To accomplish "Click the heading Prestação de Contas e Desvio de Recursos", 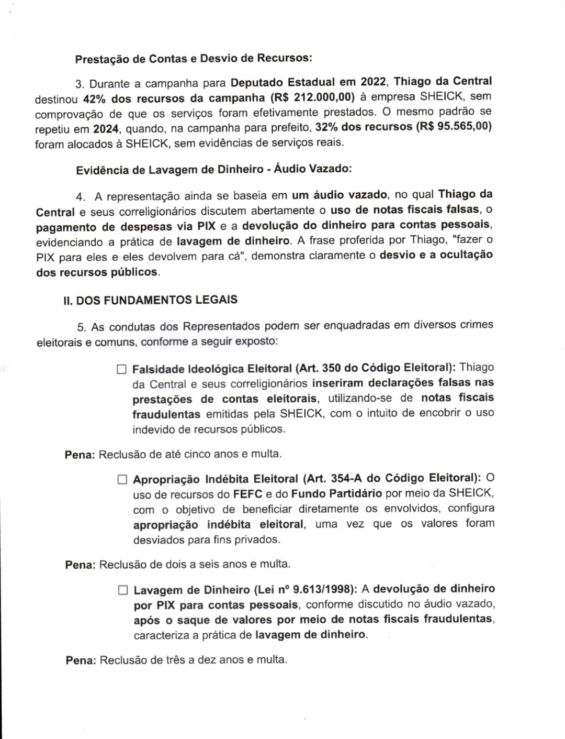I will point(194,58).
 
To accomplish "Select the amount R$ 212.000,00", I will point(316,97).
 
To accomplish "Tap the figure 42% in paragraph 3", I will point(95,98).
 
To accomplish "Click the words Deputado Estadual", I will point(282,82).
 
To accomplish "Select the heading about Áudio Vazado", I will point(214,170).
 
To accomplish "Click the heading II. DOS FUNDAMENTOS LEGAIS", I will point(150,300).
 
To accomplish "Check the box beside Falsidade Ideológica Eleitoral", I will point(122,369).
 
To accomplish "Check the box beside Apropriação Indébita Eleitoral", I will point(122,479).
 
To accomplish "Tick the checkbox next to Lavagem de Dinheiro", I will point(123,590).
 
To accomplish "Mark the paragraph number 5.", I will point(81,327).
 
